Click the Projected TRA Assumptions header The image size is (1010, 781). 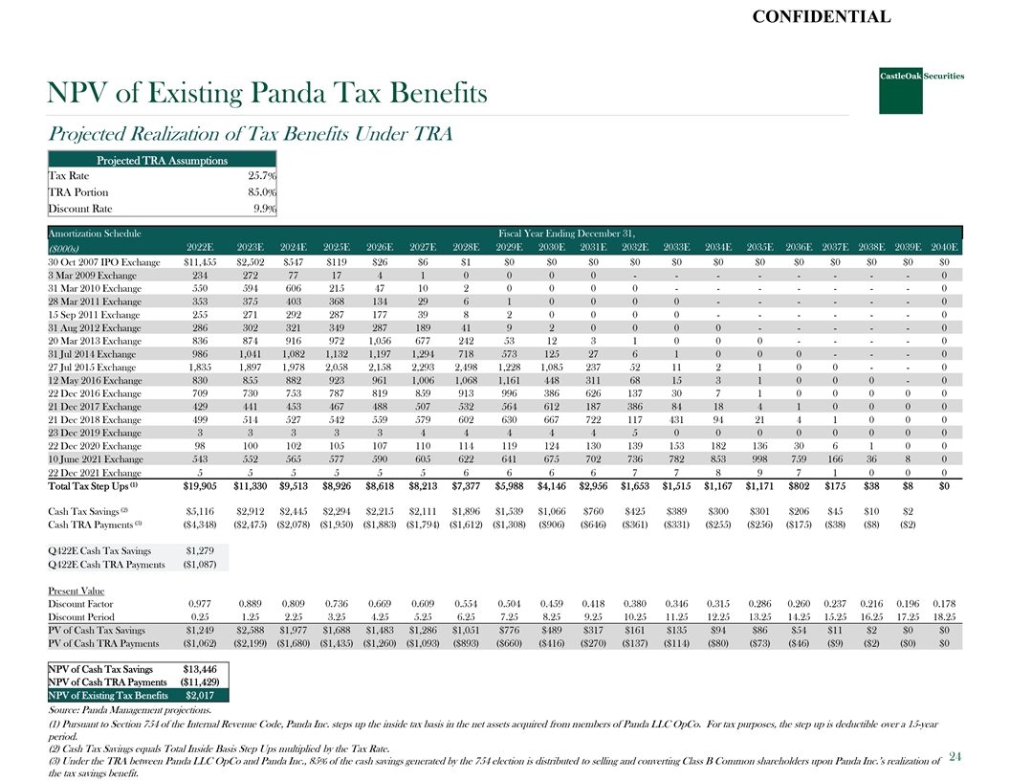click(x=162, y=160)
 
